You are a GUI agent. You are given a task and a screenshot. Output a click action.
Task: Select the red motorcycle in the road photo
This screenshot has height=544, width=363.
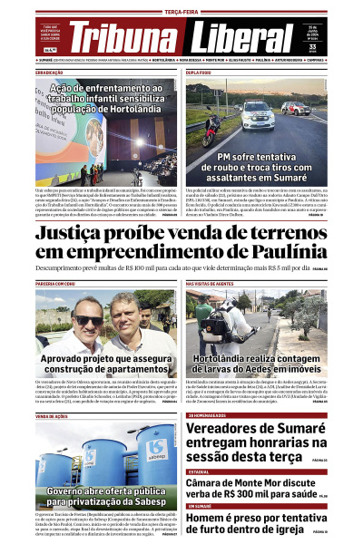coord(208,129)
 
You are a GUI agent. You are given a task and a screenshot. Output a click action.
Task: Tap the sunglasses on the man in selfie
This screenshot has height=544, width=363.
coord(87,320)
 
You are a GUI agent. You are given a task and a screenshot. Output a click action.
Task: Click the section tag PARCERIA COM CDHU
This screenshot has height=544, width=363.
coord(58,284)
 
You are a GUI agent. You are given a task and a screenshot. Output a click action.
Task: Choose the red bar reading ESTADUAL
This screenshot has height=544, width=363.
coord(200,471)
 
